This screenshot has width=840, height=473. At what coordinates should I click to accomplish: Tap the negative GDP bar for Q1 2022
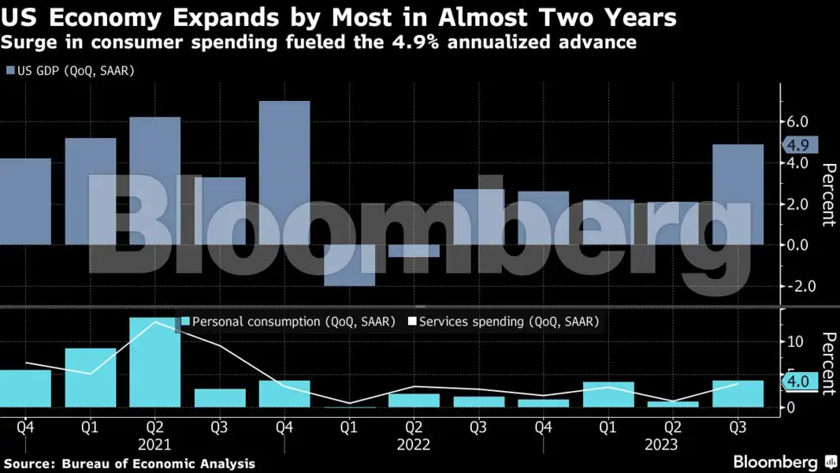coord(349,265)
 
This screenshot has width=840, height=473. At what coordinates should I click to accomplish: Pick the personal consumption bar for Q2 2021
coord(154,363)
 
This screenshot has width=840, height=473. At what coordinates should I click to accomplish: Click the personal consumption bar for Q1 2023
coord(608,394)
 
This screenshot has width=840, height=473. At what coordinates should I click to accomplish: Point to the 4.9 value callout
coord(799,145)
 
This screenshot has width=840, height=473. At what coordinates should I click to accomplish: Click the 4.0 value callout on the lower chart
coord(799,382)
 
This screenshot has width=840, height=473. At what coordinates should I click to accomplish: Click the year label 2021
coord(154,445)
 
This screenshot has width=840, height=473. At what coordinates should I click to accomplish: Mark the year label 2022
coord(414,445)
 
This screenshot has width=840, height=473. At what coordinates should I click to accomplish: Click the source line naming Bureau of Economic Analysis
coord(129,464)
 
